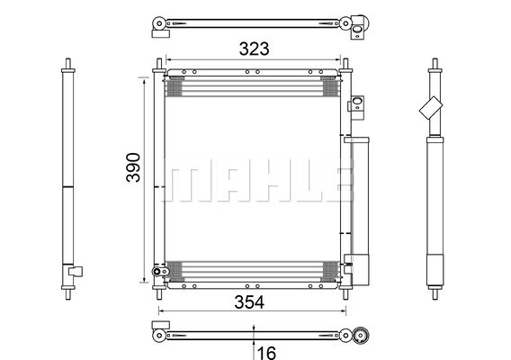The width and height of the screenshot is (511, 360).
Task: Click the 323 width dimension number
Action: pyautogui.click(x=255, y=49)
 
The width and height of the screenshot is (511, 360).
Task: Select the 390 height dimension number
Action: pyautogui.click(x=133, y=167)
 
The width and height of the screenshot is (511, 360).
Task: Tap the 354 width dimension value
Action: pyautogui.click(x=249, y=302)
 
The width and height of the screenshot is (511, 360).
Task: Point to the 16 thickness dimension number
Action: pyautogui.click(x=266, y=353)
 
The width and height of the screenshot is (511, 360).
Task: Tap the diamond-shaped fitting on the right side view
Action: pyautogui.click(x=431, y=108)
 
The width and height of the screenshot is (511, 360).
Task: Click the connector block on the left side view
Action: pyautogui.click(x=76, y=271)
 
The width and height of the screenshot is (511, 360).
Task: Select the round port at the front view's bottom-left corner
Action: pyautogui.click(x=157, y=271)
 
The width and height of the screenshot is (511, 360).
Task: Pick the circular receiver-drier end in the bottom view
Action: pyautogui.click(x=361, y=335)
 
